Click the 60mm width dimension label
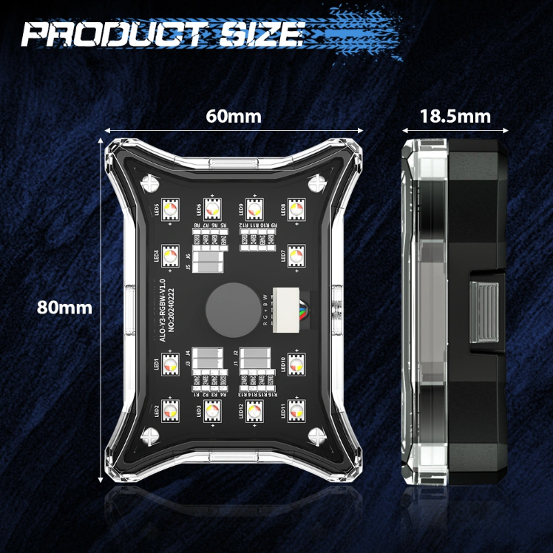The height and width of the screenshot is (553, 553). click(234, 116)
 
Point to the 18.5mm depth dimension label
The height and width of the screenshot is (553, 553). click(455, 116)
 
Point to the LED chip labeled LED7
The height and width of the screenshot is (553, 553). click(296, 256)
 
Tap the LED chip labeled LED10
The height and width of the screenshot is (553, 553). click(296, 362)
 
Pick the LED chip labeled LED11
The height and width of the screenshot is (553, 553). click(296, 410)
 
